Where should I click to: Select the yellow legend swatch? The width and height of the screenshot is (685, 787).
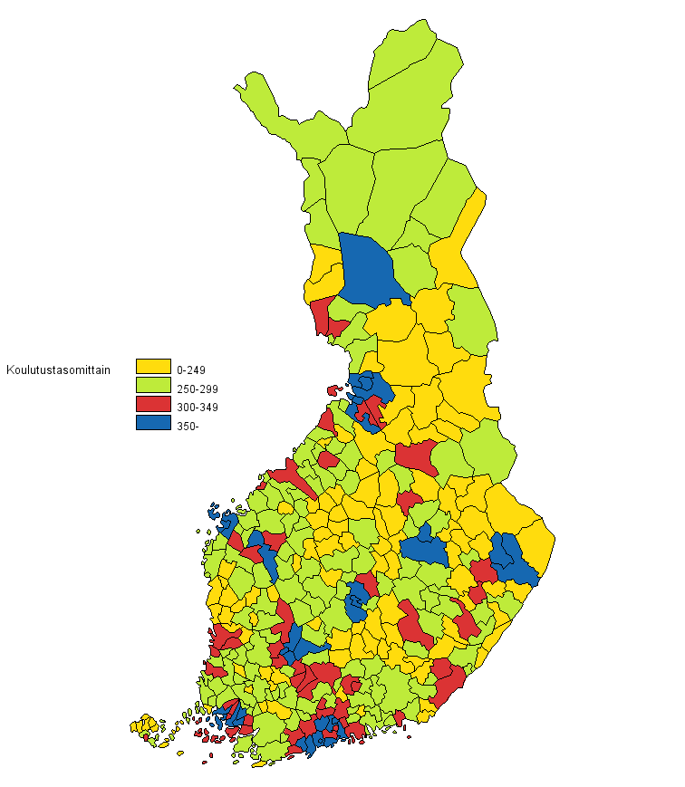click(x=153, y=366)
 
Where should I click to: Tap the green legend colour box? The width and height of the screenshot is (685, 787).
click(x=153, y=387)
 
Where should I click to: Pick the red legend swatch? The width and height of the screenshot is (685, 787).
click(x=153, y=405)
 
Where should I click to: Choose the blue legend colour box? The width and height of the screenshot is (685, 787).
click(x=153, y=423)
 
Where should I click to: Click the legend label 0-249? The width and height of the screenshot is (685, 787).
click(x=192, y=370)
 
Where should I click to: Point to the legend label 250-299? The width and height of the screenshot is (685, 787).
click(x=198, y=389)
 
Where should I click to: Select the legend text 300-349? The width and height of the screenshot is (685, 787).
click(x=198, y=408)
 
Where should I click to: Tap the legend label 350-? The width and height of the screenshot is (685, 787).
click(x=188, y=427)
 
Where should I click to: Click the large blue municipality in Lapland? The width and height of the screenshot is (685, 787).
click(x=370, y=269)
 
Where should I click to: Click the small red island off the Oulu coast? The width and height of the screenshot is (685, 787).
click(x=333, y=390)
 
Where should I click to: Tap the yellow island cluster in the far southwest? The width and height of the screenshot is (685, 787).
click(x=145, y=725)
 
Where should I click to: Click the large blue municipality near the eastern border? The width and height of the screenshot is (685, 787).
click(x=513, y=558)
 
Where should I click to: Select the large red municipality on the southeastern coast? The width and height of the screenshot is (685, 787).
click(x=448, y=682)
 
